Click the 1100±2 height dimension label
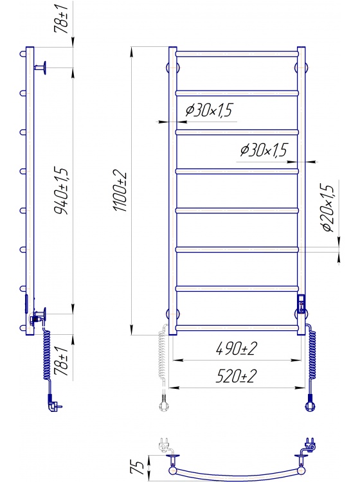click(x=120, y=191)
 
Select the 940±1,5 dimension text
click(x=60, y=191)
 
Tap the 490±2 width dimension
click(x=237, y=348)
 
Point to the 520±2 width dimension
click(x=236, y=376)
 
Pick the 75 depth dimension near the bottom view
click(x=138, y=467)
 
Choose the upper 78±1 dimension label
click(x=61, y=19)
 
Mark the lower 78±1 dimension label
click(x=61, y=361)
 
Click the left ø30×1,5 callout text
click(x=210, y=110)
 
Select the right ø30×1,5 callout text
click(x=264, y=150)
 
